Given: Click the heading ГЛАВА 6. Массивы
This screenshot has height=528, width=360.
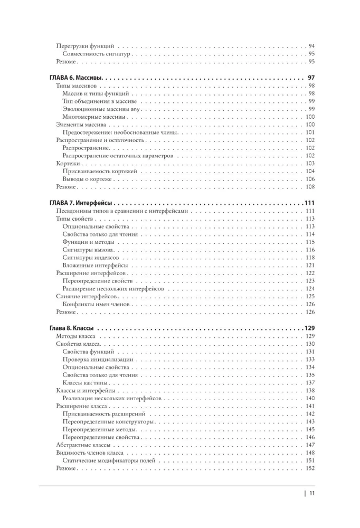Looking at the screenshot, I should pyautogui.click(x=78, y=78).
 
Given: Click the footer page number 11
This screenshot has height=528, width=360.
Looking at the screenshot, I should pyautogui.click(x=312, y=494).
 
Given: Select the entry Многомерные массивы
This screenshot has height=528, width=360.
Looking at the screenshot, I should pyautogui.click(x=94, y=117).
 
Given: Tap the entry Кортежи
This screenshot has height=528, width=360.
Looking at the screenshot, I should pyautogui.click(x=68, y=164).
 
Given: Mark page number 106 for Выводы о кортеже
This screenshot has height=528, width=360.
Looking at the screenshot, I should pyautogui.click(x=310, y=179).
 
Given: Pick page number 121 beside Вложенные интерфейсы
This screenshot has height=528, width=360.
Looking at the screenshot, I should pyautogui.click(x=310, y=265).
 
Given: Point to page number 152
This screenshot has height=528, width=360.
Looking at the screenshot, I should pyautogui.click(x=310, y=468).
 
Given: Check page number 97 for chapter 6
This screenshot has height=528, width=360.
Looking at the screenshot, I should pyautogui.click(x=311, y=78).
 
